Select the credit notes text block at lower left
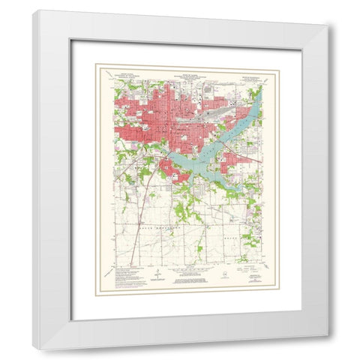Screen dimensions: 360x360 click(124, 274)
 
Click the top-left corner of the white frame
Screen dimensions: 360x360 click(34, 12)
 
